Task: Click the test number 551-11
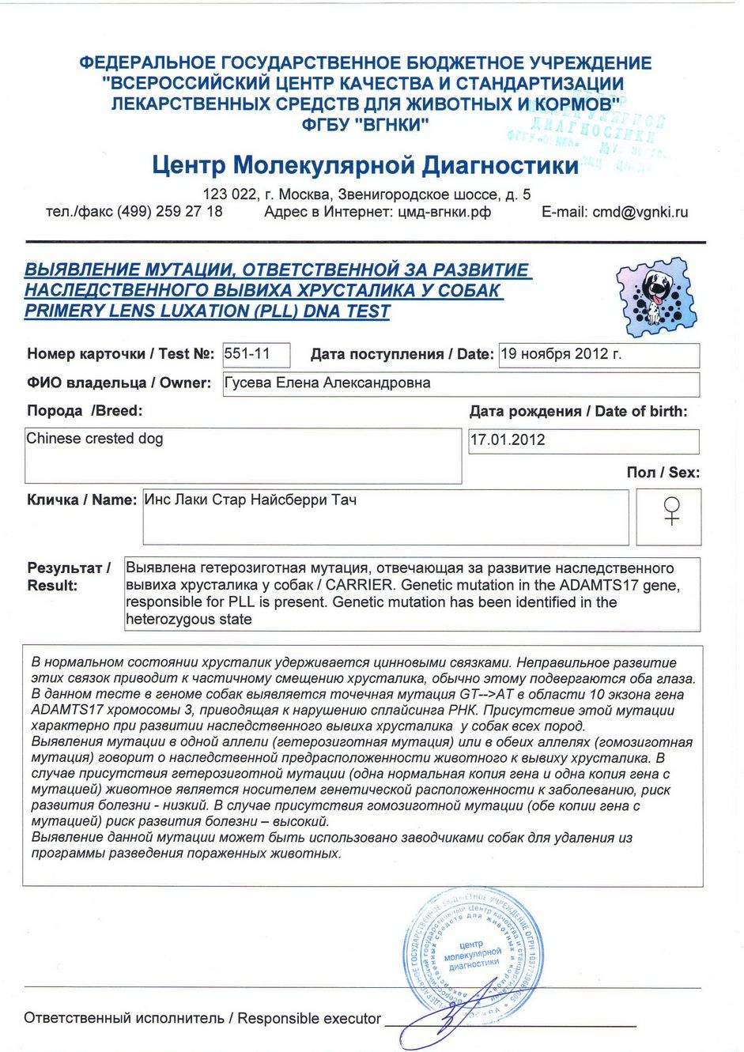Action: (x=247, y=354)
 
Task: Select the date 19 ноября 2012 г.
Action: (x=561, y=354)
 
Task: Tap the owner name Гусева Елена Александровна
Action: (x=327, y=383)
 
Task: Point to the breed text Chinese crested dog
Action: (x=95, y=439)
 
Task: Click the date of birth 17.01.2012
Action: (x=508, y=440)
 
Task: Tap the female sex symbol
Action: (x=671, y=511)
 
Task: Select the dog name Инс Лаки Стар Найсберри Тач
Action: (x=251, y=500)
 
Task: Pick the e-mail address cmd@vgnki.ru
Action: (x=640, y=212)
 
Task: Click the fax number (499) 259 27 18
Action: (x=169, y=212)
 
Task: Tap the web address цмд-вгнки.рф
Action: (x=444, y=212)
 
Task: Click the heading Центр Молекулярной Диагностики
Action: (x=365, y=166)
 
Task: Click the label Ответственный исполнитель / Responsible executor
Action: (x=202, y=1019)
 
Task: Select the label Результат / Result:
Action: (x=68, y=576)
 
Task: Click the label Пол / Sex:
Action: (x=663, y=473)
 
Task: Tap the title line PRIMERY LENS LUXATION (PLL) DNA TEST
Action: (x=207, y=311)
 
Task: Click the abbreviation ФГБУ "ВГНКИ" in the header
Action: (x=365, y=124)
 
